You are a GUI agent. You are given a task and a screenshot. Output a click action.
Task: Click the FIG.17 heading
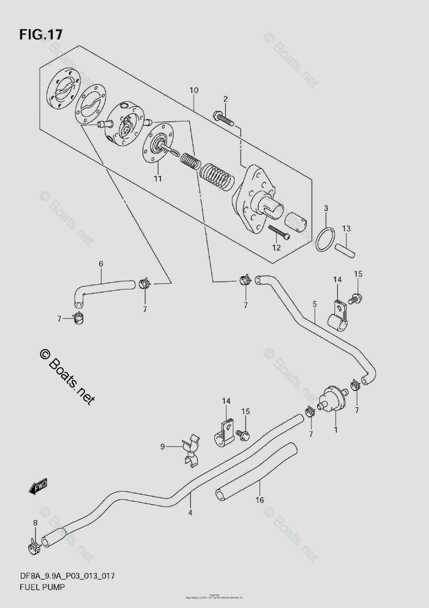[x=41, y=34]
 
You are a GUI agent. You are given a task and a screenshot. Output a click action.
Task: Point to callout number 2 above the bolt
[x=225, y=98]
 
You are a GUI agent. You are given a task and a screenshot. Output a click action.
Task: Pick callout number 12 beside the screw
[x=276, y=248]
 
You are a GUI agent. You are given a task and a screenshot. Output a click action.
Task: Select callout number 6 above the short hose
[x=101, y=264]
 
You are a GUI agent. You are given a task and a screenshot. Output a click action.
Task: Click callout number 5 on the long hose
[x=315, y=305]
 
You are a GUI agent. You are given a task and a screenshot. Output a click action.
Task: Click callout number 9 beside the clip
[x=163, y=446]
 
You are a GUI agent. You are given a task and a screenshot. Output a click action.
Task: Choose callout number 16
[x=259, y=500]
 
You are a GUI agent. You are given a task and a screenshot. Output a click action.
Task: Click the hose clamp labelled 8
[x=33, y=546]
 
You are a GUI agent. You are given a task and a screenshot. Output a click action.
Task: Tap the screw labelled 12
[x=278, y=232]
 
